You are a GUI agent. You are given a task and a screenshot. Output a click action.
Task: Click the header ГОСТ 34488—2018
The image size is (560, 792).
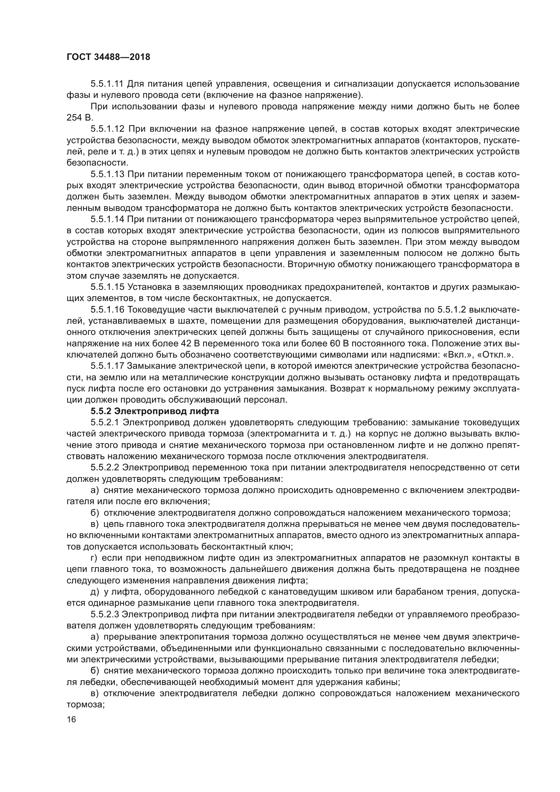coord(108,57)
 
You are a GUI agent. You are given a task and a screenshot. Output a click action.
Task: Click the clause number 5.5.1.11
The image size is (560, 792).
coord(107,84)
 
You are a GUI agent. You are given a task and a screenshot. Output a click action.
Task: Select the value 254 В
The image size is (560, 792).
coord(80,117)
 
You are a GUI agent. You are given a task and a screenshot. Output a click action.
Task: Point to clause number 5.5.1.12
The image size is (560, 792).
coord(107,129)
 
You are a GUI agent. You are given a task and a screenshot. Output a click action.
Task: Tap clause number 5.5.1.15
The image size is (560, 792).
coord(107,287)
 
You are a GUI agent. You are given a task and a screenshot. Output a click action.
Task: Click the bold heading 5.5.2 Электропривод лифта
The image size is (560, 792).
coord(155,411)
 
